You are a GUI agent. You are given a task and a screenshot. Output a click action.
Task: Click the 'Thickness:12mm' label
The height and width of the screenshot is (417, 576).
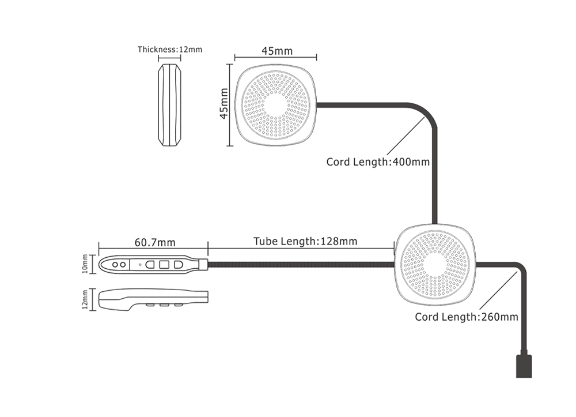[x=169, y=50]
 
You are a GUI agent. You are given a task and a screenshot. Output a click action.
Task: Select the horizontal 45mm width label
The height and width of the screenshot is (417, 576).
[x=276, y=51]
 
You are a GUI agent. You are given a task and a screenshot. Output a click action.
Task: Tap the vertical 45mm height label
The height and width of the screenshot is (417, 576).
[x=225, y=104]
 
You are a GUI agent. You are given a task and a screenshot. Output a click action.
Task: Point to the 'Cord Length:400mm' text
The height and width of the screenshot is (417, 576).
[x=378, y=162]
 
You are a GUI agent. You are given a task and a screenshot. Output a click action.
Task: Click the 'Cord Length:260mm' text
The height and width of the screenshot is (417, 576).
[x=467, y=317]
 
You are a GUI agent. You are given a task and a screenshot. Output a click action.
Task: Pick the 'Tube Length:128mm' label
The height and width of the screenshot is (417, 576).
[x=305, y=241]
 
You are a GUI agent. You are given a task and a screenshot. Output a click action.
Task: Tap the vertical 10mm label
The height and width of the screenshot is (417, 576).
[x=86, y=264]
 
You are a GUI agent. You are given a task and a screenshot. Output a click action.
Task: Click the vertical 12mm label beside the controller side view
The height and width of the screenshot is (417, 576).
[x=86, y=299]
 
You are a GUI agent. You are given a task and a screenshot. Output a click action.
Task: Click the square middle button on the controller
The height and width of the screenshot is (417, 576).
[x=164, y=264]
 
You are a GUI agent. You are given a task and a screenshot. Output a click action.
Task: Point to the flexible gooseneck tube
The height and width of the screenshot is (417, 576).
[x=300, y=264]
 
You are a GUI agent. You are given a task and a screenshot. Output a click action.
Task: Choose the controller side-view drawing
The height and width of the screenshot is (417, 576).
[x=153, y=299]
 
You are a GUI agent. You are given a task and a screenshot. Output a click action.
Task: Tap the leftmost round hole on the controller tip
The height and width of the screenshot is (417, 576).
[x=115, y=264]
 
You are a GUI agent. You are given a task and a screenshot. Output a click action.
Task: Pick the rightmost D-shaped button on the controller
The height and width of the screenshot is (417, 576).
[x=178, y=264]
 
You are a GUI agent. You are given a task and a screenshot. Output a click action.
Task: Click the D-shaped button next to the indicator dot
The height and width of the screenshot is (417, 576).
[x=150, y=264]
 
